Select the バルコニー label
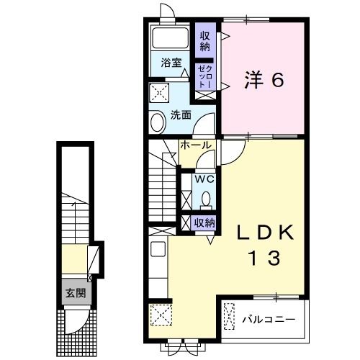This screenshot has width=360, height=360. [x=267, y=317]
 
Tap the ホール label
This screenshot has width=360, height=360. [x=196, y=145]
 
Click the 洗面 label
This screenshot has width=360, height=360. [x=181, y=114]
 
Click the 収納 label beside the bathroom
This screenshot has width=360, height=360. [x=205, y=42]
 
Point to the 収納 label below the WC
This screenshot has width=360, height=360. [x=205, y=222]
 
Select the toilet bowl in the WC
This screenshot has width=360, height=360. [x=205, y=198]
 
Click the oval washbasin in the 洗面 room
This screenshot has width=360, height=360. [x=158, y=122]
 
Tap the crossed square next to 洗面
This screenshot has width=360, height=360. [x=159, y=93]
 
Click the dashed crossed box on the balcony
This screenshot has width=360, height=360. [x=230, y=317]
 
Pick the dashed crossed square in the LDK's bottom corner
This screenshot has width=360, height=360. [x=159, y=315]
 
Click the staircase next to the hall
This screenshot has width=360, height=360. [x=162, y=184]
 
